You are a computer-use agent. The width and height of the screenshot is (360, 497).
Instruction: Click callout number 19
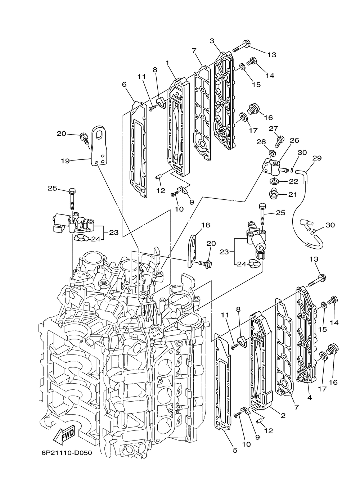66,161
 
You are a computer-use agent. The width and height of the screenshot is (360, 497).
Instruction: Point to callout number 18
206,225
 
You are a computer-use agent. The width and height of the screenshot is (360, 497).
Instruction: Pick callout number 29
317,158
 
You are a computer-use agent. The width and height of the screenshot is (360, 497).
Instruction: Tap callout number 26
294,140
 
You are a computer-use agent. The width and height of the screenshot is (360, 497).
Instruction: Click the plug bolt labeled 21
273,194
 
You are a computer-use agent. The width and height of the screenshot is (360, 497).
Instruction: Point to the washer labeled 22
274,181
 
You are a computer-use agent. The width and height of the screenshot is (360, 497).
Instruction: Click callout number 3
212,41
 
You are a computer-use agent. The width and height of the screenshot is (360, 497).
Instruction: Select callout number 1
167,63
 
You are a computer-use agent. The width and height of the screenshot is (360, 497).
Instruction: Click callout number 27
274,129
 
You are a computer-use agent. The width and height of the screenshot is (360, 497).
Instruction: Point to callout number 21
293,195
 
